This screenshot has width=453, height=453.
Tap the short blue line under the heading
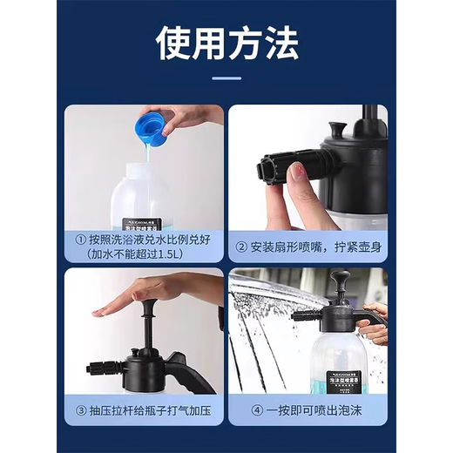coord(226,78)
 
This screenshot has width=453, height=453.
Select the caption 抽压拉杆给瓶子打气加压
coord(148,409)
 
